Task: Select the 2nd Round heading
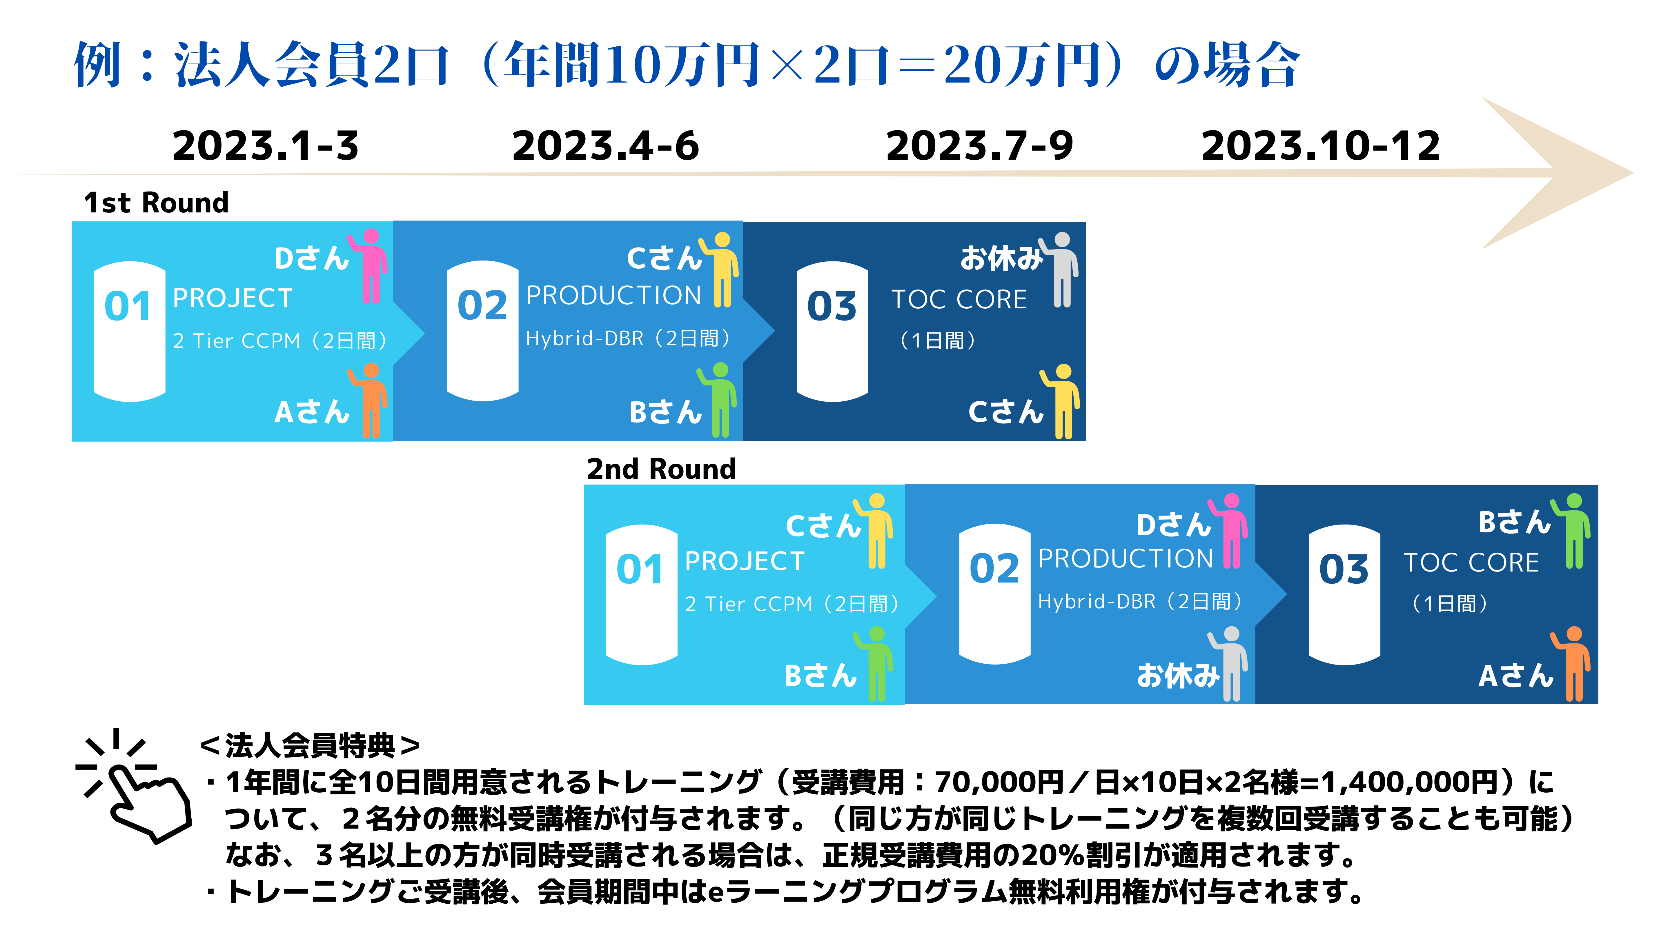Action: (x=661, y=469)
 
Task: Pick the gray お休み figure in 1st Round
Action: (x=1059, y=270)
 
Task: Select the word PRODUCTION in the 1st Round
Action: (x=613, y=296)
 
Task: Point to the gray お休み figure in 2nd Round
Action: (x=1228, y=664)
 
